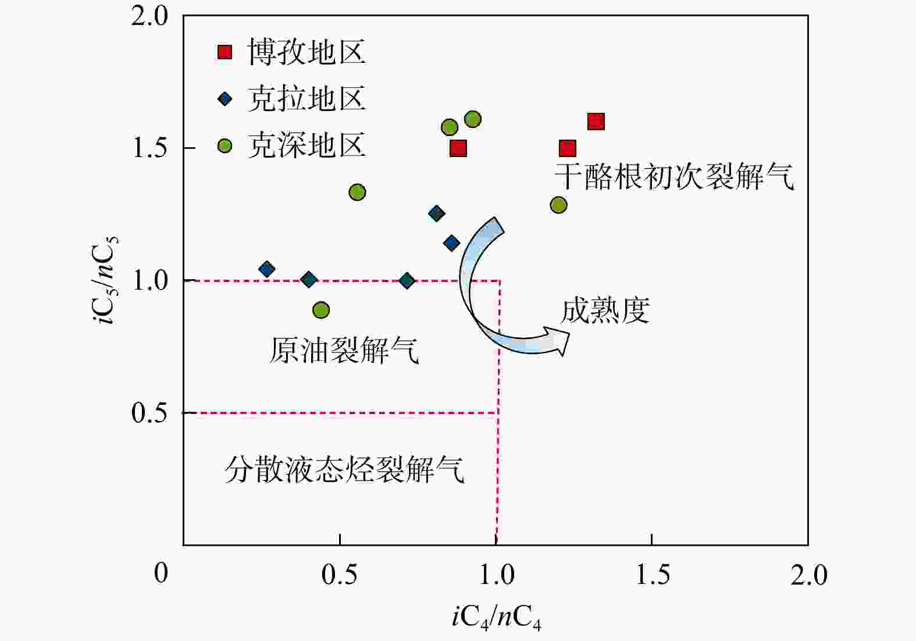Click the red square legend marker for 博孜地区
[x=224, y=52]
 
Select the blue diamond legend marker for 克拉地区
[x=224, y=99]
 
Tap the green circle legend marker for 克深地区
[x=224, y=145]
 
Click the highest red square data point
[x=596, y=122]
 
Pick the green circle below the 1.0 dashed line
[x=320, y=310]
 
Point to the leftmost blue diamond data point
[x=267, y=269]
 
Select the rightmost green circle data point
[x=558, y=205]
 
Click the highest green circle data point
[x=473, y=119]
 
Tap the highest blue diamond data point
[x=436, y=213]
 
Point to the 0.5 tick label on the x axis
[x=339, y=575]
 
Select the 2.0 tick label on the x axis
[x=808, y=575]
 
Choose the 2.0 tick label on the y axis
[x=150, y=16]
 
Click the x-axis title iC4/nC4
[x=496, y=618]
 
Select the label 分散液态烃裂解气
[x=344, y=469]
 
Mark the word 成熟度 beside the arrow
[x=605, y=311]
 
